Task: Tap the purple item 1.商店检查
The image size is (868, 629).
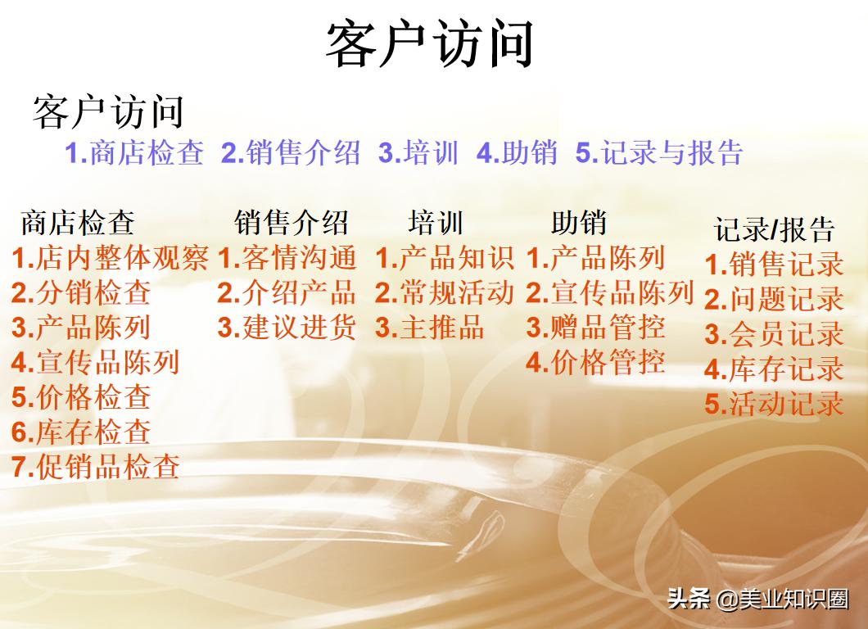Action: click(x=134, y=153)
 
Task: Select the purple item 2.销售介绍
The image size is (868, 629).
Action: click(x=291, y=153)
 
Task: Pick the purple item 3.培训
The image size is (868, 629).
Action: click(x=418, y=153)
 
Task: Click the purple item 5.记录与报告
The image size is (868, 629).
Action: click(x=659, y=153)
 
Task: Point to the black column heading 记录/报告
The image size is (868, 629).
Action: click(x=774, y=230)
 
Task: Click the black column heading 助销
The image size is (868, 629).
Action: click(x=579, y=223)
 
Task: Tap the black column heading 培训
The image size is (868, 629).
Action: click(x=436, y=223)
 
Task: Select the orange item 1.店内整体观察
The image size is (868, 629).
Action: click(x=111, y=259)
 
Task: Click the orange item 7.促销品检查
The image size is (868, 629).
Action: click(x=96, y=466)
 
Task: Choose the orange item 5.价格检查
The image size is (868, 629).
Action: click(x=81, y=397)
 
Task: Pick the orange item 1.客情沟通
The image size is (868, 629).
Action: click(x=287, y=259)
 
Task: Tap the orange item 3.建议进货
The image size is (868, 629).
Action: click(x=287, y=328)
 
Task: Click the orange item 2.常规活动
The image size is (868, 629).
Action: click(x=445, y=293)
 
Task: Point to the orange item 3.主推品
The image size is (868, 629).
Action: click(x=430, y=328)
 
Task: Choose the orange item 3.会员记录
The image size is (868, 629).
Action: click(x=774, y=334)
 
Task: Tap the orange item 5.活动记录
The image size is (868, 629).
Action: click(x=774, y=404)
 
